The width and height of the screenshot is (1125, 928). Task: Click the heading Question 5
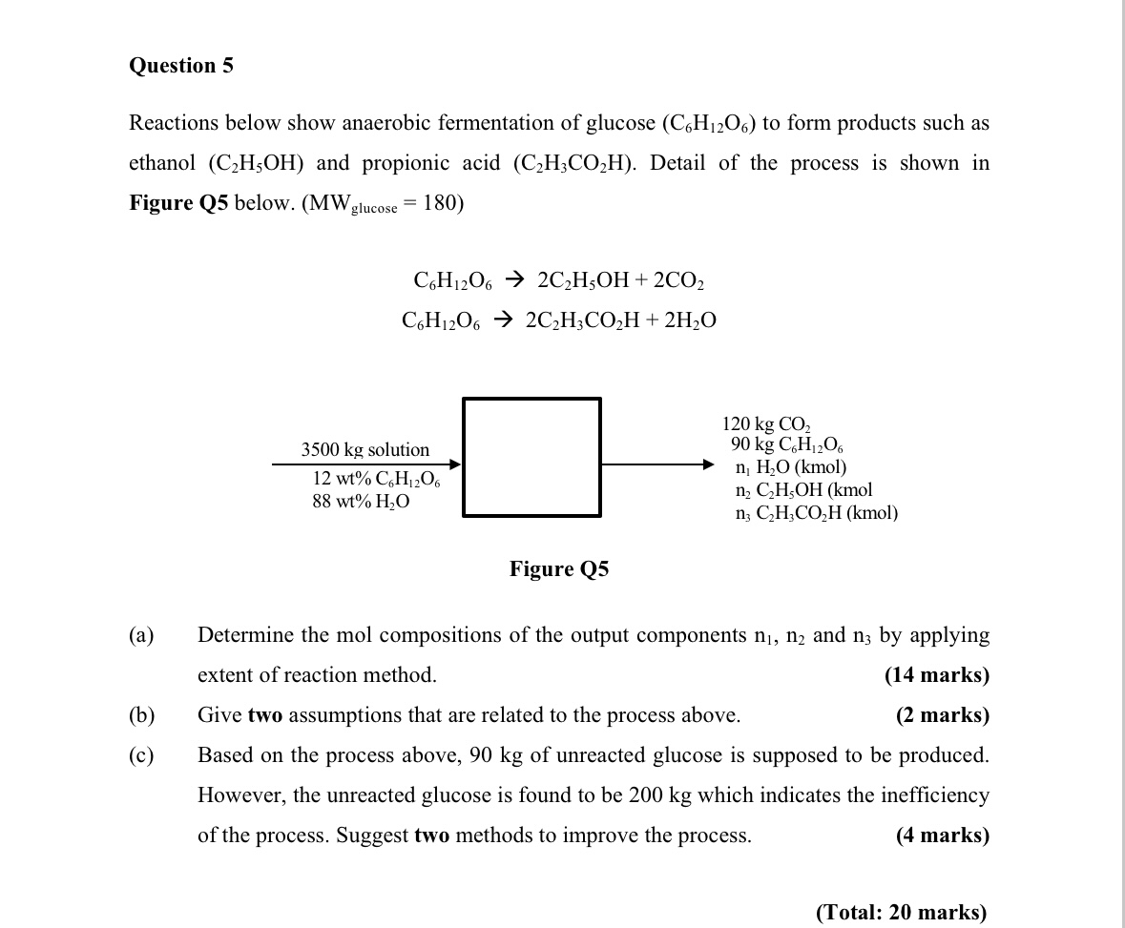(181, 66)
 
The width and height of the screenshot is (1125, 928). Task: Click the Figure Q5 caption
(558, 569)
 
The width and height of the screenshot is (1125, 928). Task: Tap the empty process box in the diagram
(531, 457)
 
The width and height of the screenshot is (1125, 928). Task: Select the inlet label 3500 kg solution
(365, 449)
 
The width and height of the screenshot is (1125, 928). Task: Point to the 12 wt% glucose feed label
(376, 480)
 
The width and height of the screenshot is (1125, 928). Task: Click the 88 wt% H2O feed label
(361, 502)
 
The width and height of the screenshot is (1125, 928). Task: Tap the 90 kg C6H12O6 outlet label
(786, 445)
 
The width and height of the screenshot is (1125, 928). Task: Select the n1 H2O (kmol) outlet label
(791, 467)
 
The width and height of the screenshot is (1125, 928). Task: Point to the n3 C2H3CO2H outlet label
(816, 513)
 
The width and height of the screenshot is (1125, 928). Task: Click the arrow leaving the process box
(658, 464)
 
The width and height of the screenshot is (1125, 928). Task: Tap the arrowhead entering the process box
(455, 464)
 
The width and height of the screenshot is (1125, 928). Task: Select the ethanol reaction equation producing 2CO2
(558, 280)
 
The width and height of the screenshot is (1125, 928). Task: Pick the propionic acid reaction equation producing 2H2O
(559, 321)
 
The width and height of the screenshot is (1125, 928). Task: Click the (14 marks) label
(937, 675)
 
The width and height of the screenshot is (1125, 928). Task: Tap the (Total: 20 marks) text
(901, 912)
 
